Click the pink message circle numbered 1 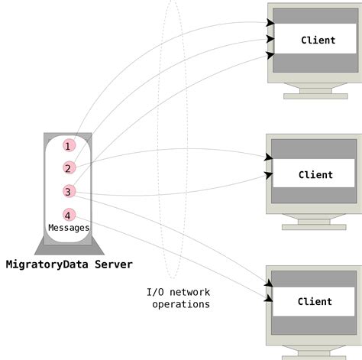tap(69, 145)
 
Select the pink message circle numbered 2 tap(69, 168)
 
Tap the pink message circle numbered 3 tap(69, 192)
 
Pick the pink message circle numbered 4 tap(69, 215)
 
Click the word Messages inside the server tap(69, 228)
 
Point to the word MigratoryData tap(47, 264)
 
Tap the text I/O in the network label tap(156, 292)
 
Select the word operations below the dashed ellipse tap(181, 304)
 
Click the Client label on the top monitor tap(318, 41)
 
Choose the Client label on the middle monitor tap(315, 174)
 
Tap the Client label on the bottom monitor tap(315, 301)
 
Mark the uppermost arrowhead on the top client tap(270, 23)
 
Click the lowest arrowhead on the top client tap(270, 54)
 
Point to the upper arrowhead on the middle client tap(269, 157)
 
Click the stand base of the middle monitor tap(313, 226)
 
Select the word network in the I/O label tap(189, 292)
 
